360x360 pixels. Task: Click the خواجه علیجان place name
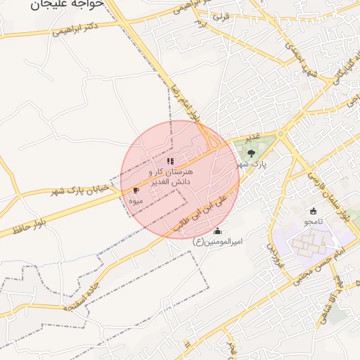click(67, 4)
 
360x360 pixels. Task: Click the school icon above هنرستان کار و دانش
click(169, 161)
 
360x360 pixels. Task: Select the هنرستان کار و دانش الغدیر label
click(171, 176)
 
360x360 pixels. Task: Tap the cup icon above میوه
click(136, 190)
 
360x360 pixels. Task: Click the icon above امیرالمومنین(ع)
click(217, 231)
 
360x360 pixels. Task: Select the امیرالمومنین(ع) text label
click(217, 242)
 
